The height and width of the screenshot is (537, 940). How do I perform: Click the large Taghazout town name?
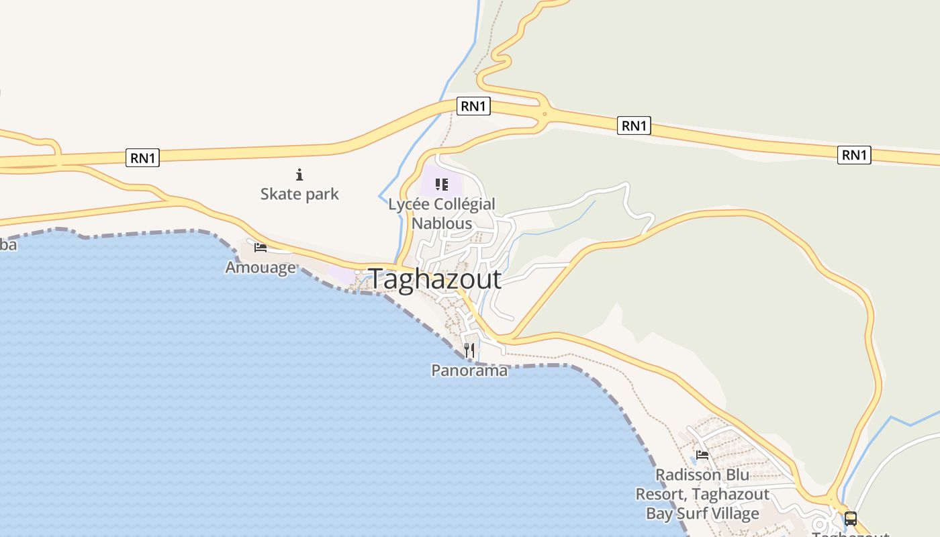(435, 279)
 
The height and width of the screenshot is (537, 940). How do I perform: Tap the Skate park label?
(299, 195)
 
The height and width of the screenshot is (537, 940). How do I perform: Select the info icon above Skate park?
(299, 175)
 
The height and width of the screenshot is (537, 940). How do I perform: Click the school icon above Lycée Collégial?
(441, 184)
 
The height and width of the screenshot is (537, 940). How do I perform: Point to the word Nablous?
(442, 223)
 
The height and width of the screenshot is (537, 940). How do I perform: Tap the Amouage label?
(261, 267)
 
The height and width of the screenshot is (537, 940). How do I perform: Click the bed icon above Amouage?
(261, 248)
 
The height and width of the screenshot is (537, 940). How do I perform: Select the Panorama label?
(469, 370)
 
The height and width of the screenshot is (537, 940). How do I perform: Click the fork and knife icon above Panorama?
(469, 350)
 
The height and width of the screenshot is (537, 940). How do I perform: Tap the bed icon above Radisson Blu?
(702, 455)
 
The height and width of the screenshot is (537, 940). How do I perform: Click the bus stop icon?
(851, 519)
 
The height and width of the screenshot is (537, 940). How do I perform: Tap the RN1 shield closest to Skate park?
(143, 158)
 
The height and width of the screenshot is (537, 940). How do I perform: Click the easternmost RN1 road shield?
(855, 155)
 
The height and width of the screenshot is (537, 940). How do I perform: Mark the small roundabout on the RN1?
(545, 114)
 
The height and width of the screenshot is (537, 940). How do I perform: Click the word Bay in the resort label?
(659, 514)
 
